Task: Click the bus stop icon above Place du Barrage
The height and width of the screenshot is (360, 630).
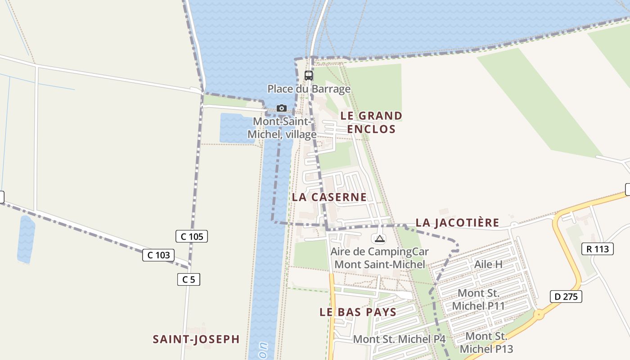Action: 309,76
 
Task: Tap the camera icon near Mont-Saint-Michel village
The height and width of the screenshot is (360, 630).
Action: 282,108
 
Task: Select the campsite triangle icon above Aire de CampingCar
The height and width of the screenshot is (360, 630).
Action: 379,238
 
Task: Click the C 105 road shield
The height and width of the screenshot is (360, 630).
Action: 192,236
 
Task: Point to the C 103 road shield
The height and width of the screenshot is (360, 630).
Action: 158,255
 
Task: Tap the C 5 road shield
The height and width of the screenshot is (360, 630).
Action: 189,279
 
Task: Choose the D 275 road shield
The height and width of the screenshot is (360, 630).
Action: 566,297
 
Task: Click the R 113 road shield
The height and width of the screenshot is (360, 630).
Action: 598,249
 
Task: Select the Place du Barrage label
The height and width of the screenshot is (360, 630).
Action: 309,89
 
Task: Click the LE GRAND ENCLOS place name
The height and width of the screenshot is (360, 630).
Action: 371,122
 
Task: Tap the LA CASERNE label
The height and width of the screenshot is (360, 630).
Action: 329,197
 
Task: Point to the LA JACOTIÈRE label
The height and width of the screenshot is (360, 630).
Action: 457,222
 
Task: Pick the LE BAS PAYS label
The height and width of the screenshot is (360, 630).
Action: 358,312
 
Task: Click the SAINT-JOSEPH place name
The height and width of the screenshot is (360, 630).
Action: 196,339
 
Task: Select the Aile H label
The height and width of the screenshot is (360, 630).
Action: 488,264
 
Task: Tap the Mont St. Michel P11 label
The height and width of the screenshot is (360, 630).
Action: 478,300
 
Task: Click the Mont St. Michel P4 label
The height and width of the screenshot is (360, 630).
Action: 399,339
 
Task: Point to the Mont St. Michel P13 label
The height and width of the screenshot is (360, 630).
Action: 486,342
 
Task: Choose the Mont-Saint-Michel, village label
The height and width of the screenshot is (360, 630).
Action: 282,128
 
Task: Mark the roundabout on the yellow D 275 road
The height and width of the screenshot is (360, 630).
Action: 539,315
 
